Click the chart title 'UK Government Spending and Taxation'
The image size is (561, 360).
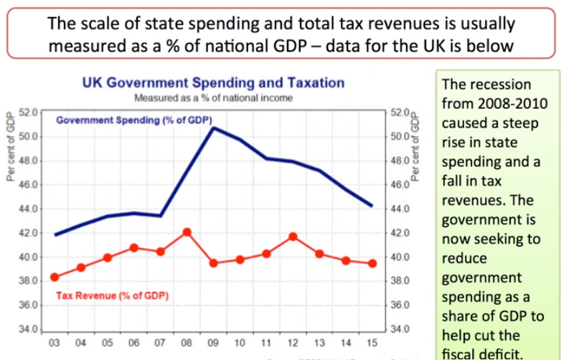(x=214, y=83)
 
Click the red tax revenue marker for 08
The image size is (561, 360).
(x=187, y=232)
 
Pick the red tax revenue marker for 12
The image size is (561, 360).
(x=293, y=237)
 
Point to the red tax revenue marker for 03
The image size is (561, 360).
(x=55, y=277)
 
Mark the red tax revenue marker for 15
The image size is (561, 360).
(x=372, y=263)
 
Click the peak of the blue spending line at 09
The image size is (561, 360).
(x=213, y=128)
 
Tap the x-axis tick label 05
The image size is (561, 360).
(x=108, y=343)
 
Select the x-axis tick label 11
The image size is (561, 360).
(x=266, y=343)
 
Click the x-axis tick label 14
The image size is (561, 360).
(x=346, y=343)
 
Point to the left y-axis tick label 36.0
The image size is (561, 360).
(x=29, y=305)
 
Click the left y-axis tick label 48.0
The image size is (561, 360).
(x=29, y=161)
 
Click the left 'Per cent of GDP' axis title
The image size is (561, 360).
(x=11, y=147)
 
